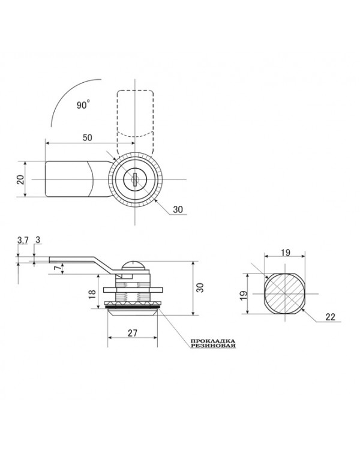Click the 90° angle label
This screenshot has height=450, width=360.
(x=83, y=104)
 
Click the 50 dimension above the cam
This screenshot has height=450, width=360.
(x=88, y=138)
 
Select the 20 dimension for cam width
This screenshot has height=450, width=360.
(x=20, y=179)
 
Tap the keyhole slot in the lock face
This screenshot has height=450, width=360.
(x=134, y=179)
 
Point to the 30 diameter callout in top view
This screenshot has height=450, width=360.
(x=178, y=209)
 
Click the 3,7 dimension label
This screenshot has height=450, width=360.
(x=23, y=240)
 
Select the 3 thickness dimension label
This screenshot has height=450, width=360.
(x=38, y=240)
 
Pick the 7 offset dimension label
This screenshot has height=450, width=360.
(x=58, y=268)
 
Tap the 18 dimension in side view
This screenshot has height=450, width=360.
(x=92, y=294)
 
